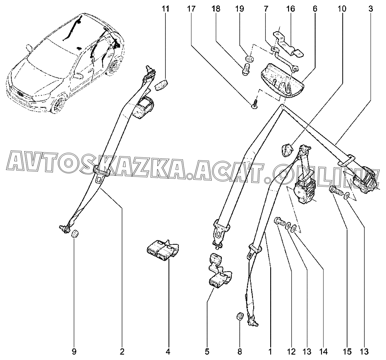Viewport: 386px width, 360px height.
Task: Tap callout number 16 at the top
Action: coord(291,9)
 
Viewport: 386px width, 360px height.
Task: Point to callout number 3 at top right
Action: coord(371,9)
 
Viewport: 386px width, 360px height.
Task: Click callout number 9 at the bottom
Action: coord(74,352)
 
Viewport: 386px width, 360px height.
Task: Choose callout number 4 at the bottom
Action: coord(168,352)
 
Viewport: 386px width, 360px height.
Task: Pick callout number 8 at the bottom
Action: coord(240,352)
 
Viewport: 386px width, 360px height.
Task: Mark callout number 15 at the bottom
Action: coord(347,352)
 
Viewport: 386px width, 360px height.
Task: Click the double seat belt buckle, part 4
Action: coord(162,249)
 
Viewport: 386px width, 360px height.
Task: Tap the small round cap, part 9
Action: coord(75,234)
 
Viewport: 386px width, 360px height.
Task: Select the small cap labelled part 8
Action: coord(240,317)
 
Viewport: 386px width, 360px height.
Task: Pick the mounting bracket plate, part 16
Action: coord(290,45)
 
